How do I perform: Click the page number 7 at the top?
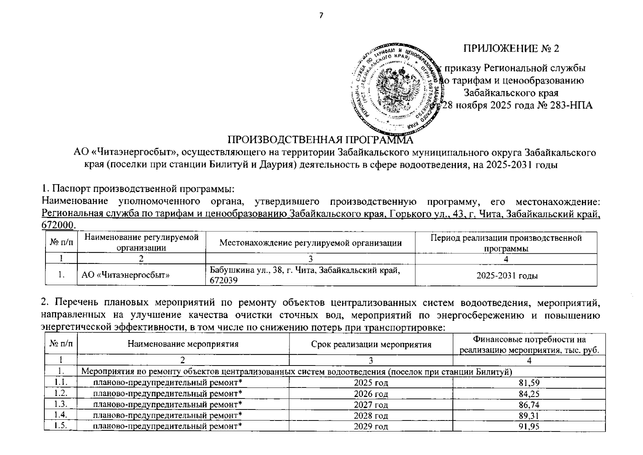[321, 15]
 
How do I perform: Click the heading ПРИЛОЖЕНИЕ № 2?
[511, 49]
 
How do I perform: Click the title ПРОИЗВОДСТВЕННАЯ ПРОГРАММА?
[320, 140]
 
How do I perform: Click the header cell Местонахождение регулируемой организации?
[310, 243]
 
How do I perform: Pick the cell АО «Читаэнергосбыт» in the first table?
[125, 275]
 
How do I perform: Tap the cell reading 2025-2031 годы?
[507, 276]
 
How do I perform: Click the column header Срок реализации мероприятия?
[371, 344]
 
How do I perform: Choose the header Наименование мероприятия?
[183, 344]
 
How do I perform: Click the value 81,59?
[529, 383]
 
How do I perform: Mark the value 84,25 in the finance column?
[529, 394]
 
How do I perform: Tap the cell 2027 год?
[371, 405]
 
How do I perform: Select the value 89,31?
[529, 416]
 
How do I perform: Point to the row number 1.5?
[61, 426]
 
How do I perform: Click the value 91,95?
[529, 426]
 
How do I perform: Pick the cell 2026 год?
[371, 394]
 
